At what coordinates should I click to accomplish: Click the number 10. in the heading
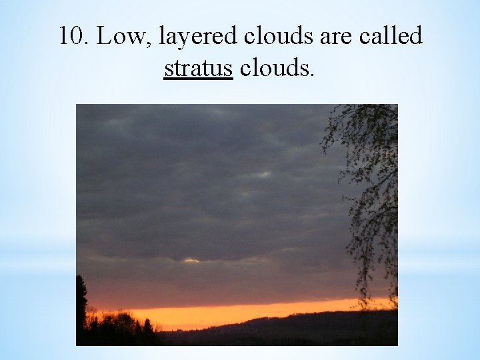74,37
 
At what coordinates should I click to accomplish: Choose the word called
391,37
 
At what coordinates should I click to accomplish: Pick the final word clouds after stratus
272,68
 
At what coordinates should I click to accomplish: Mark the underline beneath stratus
198,78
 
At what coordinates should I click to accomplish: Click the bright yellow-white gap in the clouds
191,260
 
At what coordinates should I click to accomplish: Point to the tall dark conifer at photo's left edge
81,300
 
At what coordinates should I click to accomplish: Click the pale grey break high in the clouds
263,175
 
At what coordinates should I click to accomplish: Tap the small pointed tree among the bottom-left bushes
147,327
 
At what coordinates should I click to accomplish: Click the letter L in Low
104,37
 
